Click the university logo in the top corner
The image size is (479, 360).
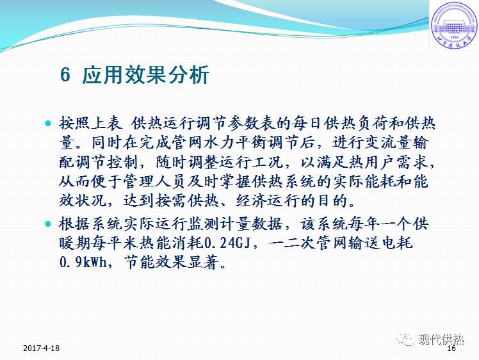pyautogui.click(x=453, y=25)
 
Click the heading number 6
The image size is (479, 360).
pyautogui.click(x=65, y=76)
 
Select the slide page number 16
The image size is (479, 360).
pyautogui.click(x=451, y=349)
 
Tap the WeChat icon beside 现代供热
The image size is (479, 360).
pyautogui.click(x=405, y=340)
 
